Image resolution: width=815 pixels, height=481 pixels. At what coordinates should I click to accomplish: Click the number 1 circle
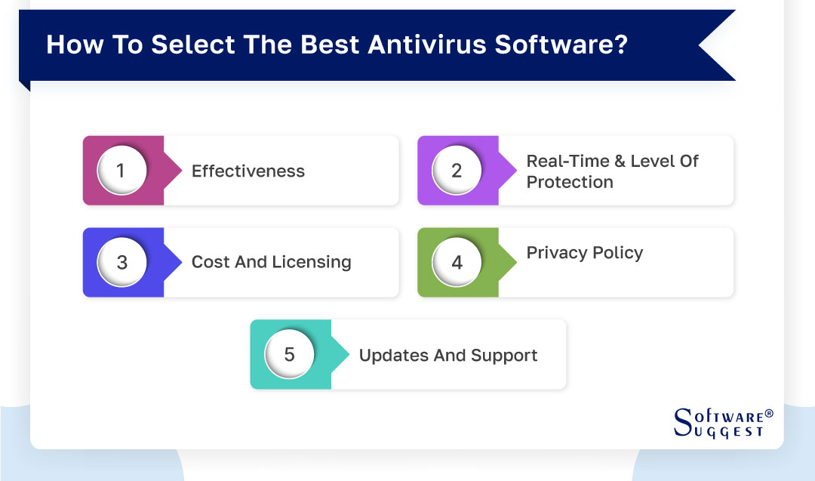coord(121,171)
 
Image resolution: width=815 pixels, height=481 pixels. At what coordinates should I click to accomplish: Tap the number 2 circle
coord(457,171)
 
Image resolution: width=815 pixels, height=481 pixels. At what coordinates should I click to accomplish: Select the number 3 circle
coord(121,263)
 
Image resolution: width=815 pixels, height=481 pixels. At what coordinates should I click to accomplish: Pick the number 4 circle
coord(457,263)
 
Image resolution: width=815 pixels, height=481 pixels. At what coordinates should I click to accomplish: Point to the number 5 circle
coord(289,355)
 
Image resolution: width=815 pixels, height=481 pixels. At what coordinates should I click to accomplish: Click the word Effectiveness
coord(248,171)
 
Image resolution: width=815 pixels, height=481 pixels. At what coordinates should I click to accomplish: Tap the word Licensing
coord(312,263)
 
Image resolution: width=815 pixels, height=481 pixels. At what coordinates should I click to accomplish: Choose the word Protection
coord(570,182)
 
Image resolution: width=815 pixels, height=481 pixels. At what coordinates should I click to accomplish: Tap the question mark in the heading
coord(620,45)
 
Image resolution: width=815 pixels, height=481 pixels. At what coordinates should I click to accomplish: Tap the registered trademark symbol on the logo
coord(768,414)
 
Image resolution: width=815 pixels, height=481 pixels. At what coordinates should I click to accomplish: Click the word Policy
coord(617,253)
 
